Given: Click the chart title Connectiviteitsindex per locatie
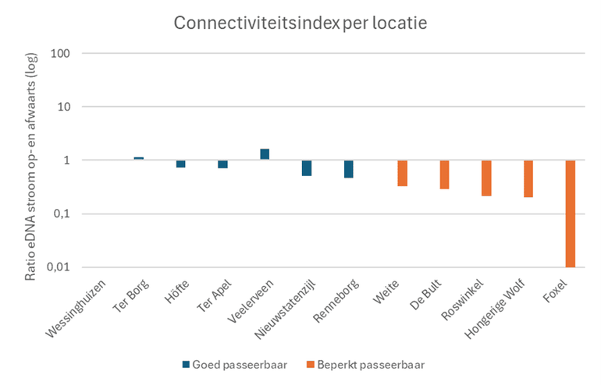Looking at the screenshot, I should click(x=300, y=24).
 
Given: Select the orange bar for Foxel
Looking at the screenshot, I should click(x=571, y=214).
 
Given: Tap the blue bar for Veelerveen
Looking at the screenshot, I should click(x=265, y=154).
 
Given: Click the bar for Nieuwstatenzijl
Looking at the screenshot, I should click(x=307, y=168).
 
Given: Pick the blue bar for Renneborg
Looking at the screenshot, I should click(x=349, y=168).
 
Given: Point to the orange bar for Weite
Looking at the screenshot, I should click(x=403, y=173).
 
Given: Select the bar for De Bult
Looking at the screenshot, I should click(x=445, y=175).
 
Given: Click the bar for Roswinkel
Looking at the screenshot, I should click(x=486, y=178).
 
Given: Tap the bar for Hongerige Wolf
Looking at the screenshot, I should click(x=528, y=178).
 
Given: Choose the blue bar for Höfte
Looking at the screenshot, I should click(x=181, y=164).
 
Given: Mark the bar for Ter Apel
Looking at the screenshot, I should click(x=223, y=164).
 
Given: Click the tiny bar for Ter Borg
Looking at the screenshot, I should click(x=139, y=158).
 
